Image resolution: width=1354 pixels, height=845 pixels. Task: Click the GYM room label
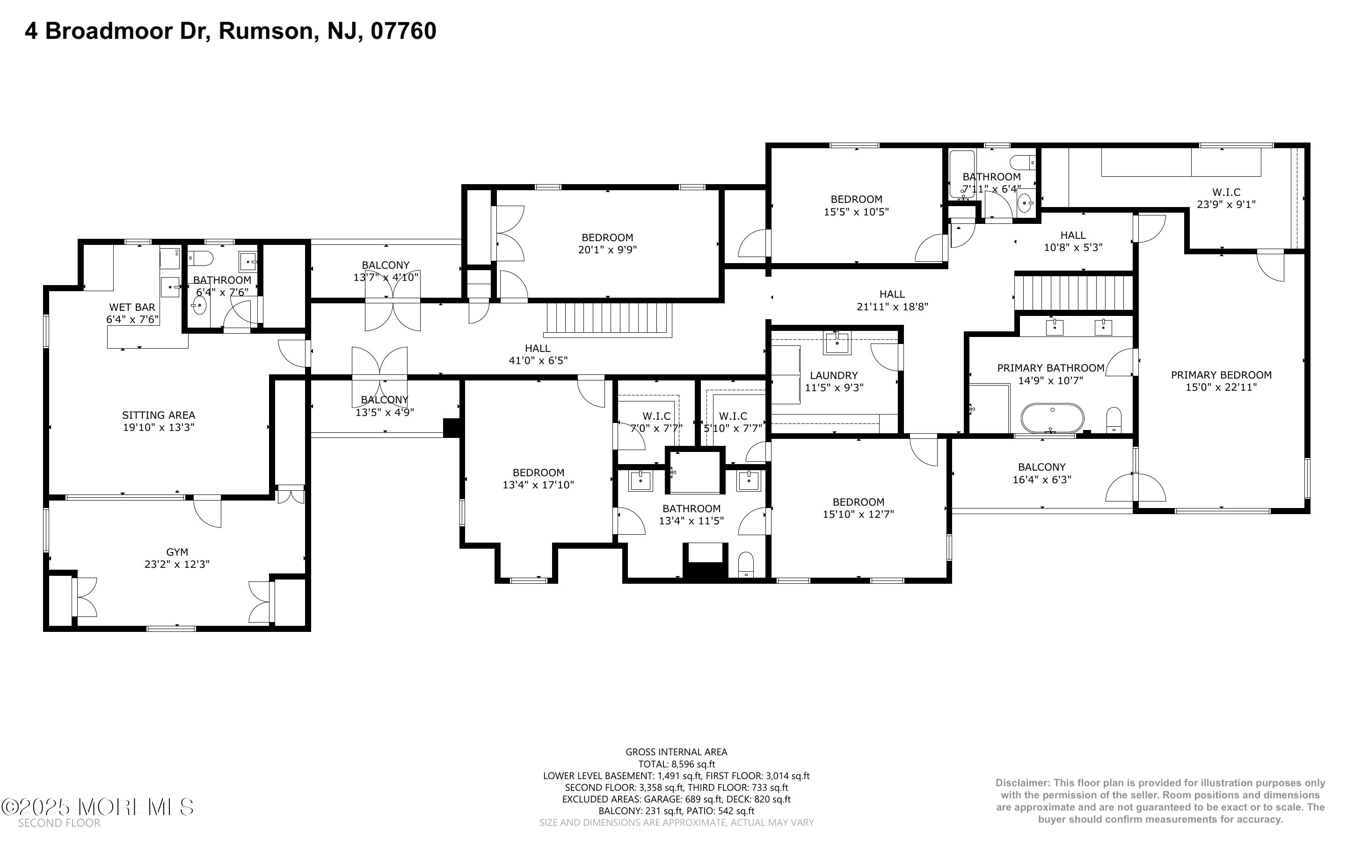click(x=177, y=551)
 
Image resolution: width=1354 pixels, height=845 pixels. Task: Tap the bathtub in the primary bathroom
click(x=1052, y=418)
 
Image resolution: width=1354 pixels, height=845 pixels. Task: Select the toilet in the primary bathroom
click(x=1114, y=419)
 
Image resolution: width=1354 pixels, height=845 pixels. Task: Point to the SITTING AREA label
click(x=158, y=415)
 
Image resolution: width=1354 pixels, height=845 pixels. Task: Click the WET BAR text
click(x=132, y=307)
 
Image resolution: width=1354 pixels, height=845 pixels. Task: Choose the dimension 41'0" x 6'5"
click(x=538, y=360)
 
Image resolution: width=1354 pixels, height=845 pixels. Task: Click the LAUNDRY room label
click(x=833, y=375)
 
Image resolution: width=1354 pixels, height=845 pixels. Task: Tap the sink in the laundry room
click(x=837, y=343)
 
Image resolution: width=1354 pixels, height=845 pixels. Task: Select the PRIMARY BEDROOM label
click(x=1221, y=374)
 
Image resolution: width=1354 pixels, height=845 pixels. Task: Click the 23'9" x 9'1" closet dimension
click(x=1226, y=205)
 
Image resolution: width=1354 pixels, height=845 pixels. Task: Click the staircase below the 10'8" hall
click(x=1074, y=292)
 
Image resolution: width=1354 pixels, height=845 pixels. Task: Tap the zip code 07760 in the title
click(x=403, y=31)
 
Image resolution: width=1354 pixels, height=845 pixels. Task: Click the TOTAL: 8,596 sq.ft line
click(x=676, y=764)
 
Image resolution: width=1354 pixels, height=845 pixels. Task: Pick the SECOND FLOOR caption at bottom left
click(x=59, y=823)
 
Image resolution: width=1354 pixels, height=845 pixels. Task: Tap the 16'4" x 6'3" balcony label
click(x=1041, y=479)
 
